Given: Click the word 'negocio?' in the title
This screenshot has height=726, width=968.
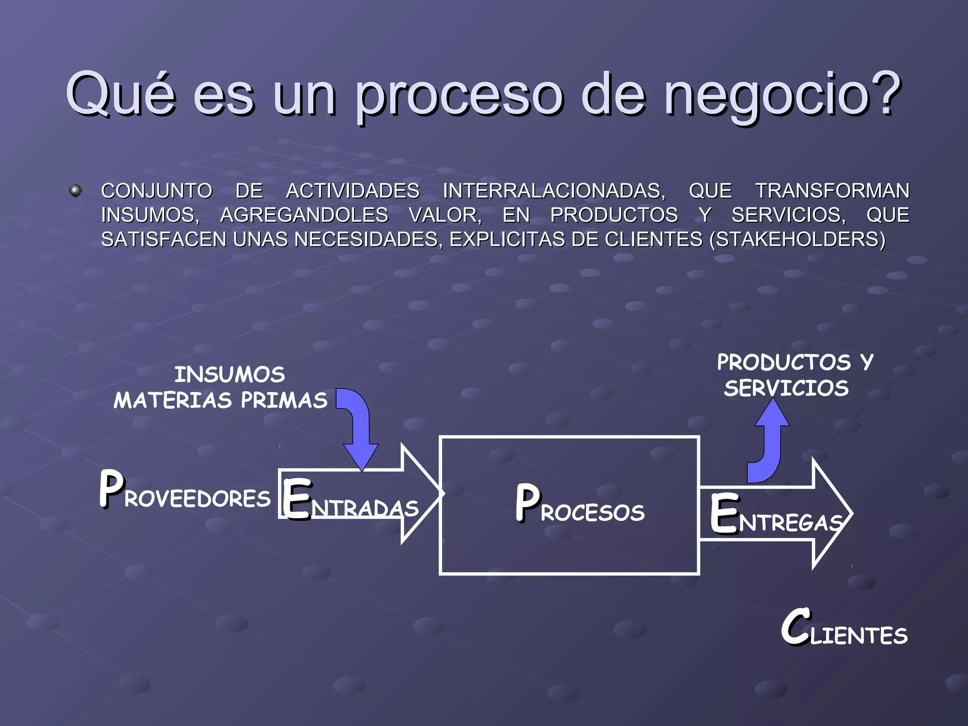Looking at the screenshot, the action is (x=782, y=95).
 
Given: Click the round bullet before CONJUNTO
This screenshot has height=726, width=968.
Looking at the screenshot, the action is (x=76, y=191).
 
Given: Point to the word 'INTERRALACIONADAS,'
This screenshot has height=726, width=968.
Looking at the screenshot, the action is (x=554, y=191).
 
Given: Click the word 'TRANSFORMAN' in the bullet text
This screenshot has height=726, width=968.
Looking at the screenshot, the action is (x=832, y=191).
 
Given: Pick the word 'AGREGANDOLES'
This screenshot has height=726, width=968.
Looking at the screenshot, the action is (x=304, y=215).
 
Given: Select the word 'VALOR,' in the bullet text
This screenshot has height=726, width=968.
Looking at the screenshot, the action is (x=445, y=215).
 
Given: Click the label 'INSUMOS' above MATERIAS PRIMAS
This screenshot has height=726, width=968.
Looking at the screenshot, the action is (x=230, y=375).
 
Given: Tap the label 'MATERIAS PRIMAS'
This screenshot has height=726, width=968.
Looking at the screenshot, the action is (x=220, y=400).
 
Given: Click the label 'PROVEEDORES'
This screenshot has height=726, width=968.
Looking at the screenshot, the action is (x=184, y=492).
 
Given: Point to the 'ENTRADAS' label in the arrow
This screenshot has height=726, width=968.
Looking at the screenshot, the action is (x=350, y=501).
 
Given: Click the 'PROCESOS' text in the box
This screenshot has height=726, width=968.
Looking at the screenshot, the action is (x=579, y=505).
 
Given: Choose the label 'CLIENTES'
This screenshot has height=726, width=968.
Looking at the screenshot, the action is (x=844, y=629).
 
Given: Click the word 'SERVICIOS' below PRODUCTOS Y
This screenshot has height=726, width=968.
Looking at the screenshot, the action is (x=786, y=389).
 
